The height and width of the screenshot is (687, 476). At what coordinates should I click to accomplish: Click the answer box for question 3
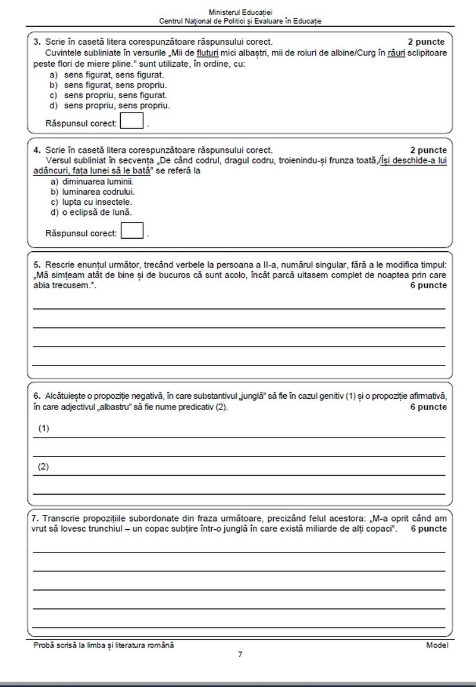point(132,121)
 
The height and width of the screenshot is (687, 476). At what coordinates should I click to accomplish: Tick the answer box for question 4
point(132,230)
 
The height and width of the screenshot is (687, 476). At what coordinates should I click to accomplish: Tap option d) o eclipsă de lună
point(91,212)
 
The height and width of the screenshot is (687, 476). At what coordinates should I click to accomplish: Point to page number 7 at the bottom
point(240,654)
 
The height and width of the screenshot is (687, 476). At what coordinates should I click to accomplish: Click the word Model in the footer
point(437,645)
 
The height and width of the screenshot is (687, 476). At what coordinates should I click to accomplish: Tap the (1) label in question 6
point(43,428)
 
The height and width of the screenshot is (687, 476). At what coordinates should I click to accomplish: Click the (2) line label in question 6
point(43,467)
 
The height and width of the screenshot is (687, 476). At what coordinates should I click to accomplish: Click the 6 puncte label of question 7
point(428,528)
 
